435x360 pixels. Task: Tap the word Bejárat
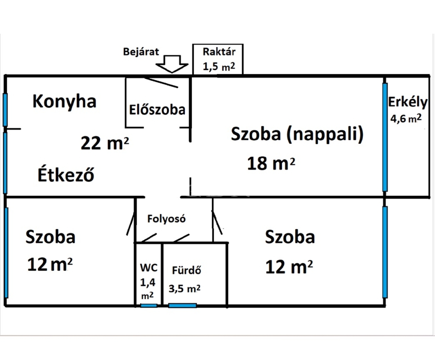point(141,52)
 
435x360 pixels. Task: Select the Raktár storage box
point(218,59)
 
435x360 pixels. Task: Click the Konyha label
point(64,102)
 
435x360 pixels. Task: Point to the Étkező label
point(66,174)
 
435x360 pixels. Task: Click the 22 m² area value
point(105,143)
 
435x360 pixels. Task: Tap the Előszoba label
point(157,110)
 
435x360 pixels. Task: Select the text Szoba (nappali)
point(297,134)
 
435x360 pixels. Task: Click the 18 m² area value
point(271,163)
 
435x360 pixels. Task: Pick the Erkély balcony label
point(408,102)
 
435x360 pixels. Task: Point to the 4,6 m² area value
point(406,118)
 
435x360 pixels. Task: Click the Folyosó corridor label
point(166,219)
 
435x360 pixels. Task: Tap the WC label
point(149,268)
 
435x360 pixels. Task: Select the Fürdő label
point(187,270)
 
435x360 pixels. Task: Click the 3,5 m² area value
point(184,289)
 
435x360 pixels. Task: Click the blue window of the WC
point(149,306)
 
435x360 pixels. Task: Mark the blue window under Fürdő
point(182,306)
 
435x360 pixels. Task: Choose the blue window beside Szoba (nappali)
point(385,137)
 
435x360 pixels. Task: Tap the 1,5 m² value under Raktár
point(219,66)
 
